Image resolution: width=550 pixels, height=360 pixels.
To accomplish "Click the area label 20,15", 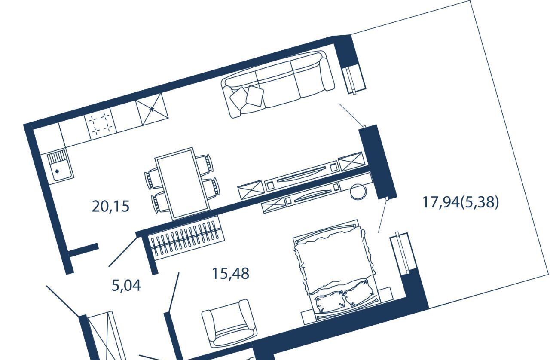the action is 110,206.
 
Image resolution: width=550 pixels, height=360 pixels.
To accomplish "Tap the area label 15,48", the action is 231,273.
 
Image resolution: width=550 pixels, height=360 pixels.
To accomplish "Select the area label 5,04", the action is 126,286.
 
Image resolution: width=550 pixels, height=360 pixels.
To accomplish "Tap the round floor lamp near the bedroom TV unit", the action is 358,192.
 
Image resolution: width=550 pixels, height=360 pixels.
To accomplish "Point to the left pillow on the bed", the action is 329,303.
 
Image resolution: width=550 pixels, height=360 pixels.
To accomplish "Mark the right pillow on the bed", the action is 359,293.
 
